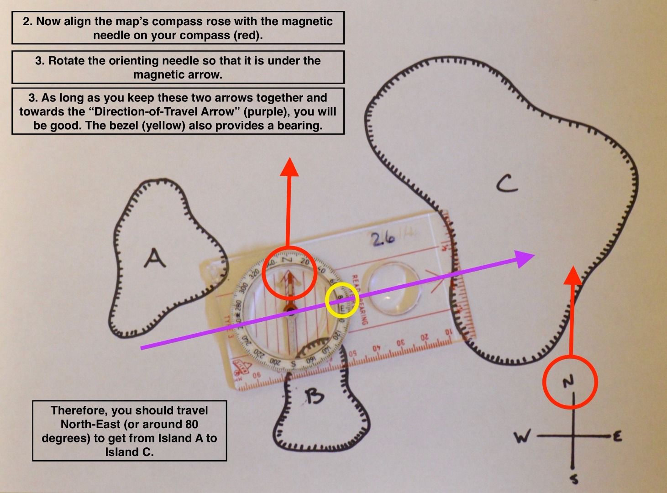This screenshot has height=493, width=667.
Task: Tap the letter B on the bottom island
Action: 314,396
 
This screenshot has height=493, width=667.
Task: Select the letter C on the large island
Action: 507,184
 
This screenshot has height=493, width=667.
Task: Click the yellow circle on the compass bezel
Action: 341,300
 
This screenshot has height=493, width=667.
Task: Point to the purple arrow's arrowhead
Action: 525,258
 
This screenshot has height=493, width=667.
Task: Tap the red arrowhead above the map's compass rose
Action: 572,276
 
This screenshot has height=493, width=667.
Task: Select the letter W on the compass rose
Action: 522,437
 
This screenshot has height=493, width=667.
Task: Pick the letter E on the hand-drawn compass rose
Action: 616,437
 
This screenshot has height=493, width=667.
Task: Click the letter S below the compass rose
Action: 574,479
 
